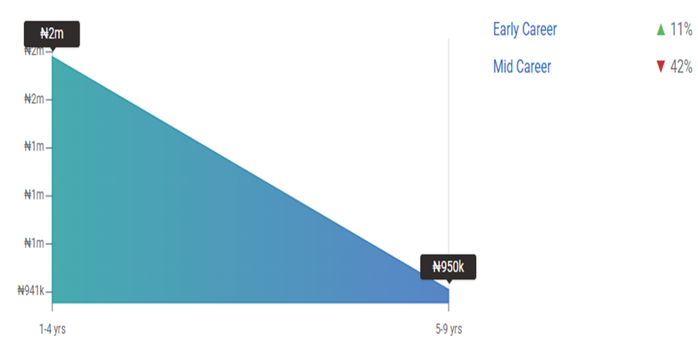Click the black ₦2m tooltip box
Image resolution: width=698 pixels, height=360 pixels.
(x=51, y=34)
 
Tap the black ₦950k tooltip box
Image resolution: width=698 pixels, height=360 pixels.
(x=448, y=267)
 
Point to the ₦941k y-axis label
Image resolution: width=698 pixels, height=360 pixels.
(x=31, y=291)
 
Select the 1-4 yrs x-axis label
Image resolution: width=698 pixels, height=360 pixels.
(x=53, y=329)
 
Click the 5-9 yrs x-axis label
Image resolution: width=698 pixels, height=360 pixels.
(x=449, y=329)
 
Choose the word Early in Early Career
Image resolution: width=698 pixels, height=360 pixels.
(x=506, y=30)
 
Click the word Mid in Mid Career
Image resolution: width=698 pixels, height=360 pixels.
(x=503, y=67)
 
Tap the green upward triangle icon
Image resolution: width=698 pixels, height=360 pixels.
(x=661, y=30)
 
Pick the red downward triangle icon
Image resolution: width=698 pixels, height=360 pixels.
(x=661, y=67)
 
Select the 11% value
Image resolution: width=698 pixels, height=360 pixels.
(x=681, y=30)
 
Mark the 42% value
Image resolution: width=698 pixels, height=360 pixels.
(x=681, y=67)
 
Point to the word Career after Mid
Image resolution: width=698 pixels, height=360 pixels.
(x=534, y=67)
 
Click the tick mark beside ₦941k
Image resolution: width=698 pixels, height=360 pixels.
(x=49, y=292)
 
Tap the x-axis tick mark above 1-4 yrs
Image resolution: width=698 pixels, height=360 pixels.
(x=52, y=307)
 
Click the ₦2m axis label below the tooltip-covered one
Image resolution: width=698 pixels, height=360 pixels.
(x=35, y=99)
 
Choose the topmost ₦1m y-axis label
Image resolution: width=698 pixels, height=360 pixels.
(x=35, y=147)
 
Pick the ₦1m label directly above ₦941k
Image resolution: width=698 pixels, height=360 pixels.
(x=35, y=243)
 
